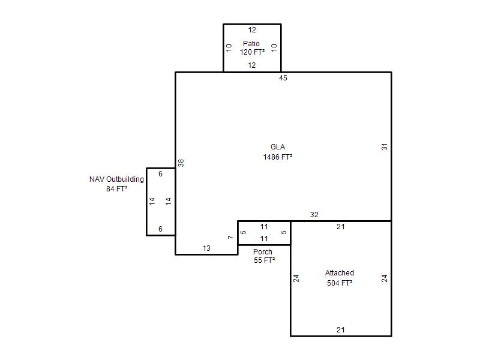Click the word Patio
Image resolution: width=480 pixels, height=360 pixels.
(x=251, y=43)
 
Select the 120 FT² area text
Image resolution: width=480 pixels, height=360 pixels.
(x=252, y=52)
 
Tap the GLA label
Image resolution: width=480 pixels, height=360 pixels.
(x=278, y=147)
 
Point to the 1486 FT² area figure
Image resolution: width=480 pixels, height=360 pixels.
(x=278, y=157)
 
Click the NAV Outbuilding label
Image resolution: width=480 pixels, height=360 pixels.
(x=116, y=179)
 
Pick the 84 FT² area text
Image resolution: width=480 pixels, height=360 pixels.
(x=116, y=189)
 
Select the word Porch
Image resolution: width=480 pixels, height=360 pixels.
(x=263, y=252)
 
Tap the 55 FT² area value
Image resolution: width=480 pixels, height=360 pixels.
(x=264, y=260)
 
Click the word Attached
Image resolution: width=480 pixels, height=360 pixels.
(x=340, y=273)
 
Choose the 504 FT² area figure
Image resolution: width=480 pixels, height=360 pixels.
(x=340, y=283)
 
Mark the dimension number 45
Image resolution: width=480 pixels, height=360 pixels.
(x=283, y=78)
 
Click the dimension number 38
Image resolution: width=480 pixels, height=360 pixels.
(x=181, y=163)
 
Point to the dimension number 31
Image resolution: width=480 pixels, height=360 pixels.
(x=385, y=146)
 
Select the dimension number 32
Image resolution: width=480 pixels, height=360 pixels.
(x=314, y=215)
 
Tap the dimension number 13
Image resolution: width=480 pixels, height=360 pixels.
(x=206, y=248)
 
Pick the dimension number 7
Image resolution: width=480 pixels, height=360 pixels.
(x=231, y=237)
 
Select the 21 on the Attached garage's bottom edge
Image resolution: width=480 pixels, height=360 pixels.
(x=341, y=330)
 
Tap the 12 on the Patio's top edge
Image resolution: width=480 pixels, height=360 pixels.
(x=252, y=30)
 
